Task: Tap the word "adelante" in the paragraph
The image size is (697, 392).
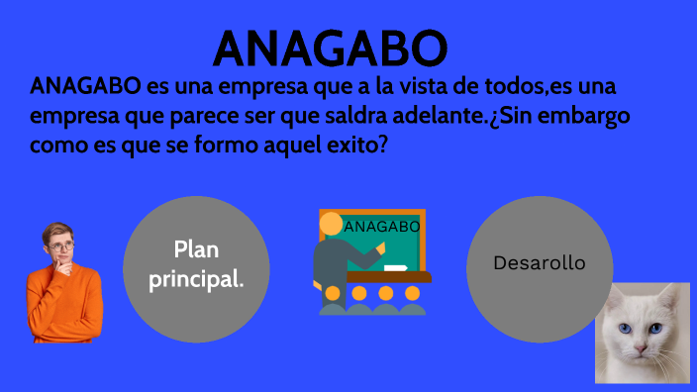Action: pyautogui.click(x=437, y=115)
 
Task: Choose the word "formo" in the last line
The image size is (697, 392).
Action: pyautogui.click(x=207, y=144)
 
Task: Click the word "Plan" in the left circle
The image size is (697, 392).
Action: pyautogui.click(x=196, y=250)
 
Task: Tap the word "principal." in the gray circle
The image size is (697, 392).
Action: pyautogui.click(x=196, y=279)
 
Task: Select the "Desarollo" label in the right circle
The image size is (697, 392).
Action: pyautogui.click(x=540, y=264)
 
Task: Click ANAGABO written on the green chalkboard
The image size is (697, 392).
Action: pyautogui.click(x=382, y=227)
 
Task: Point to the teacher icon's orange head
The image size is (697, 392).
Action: pyautogui.click(x=331, y=223)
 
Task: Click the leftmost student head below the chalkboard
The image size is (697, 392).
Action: pyautogui.click(x=333, y=293)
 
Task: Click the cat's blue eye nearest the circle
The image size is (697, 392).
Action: pyautogui.click(x=625, y=330)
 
